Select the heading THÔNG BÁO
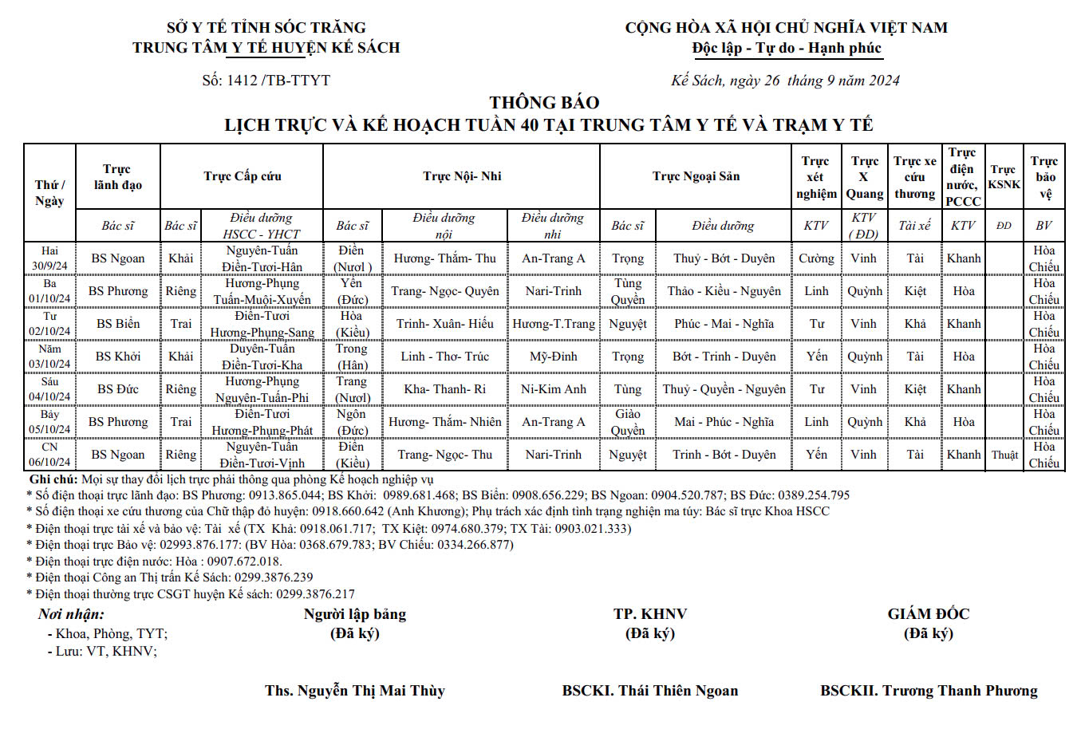point(544,102)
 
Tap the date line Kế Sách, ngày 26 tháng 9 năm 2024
point(785,80)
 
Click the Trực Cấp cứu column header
point(242,176)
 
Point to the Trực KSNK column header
point(1004,176)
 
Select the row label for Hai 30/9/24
point(49,258)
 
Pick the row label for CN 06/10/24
point(49,455)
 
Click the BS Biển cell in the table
point(118,324)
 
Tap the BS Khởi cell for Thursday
point(118,357)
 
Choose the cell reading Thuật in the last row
point(1004,455)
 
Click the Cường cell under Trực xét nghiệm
point(816,258)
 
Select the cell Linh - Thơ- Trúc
point(444,357)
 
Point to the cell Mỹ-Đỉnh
point(554,357)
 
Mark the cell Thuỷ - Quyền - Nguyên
point(724,389)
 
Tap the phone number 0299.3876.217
point(315,593)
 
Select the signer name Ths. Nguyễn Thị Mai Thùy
point(355,691)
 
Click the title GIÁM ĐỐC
point(929,614)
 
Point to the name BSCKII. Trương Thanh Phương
point(929,691)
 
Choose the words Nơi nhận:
point(71,614)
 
